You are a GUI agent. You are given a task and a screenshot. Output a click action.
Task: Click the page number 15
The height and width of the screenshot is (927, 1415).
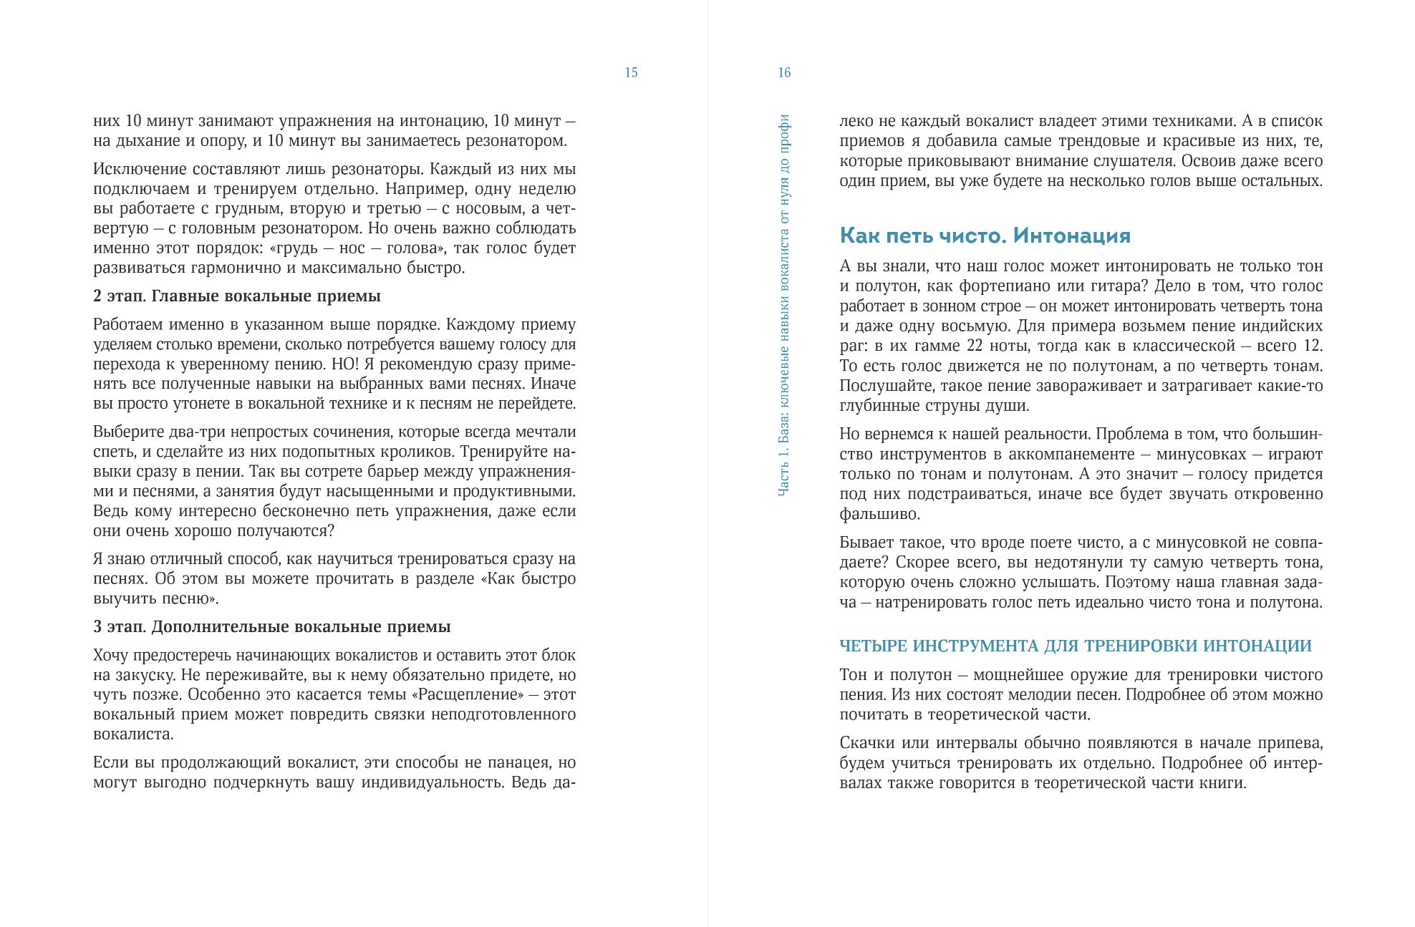[631, 72]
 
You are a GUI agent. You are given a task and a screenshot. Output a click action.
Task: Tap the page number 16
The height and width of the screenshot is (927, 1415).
[784, 72]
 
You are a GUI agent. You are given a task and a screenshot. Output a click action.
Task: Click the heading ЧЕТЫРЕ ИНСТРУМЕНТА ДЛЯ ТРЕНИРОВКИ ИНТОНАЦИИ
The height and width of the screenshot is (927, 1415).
[1075, 646]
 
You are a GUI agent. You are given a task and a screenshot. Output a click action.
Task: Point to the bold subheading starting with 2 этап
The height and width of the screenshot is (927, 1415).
[236, 296]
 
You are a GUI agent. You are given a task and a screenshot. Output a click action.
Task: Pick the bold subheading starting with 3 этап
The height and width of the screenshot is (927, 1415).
[271, 627]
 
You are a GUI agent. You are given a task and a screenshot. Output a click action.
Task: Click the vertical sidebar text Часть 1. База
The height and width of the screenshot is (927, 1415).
[784, 305]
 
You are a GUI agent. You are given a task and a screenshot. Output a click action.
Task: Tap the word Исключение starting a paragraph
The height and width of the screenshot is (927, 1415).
[134, 170]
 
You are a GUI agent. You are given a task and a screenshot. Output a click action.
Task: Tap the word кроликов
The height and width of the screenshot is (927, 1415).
[420, 452]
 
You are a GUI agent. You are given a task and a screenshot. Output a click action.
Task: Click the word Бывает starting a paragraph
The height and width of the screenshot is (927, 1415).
[864, 543]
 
